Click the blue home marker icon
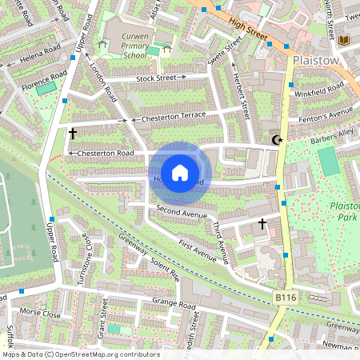click(180, 173)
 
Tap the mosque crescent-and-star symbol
click(278, 141)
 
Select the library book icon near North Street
click(345, 40)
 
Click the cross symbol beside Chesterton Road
click(73, 134)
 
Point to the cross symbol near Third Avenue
click(262, 225)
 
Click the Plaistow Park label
click(345, 211)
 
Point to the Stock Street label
click(155, 78)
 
